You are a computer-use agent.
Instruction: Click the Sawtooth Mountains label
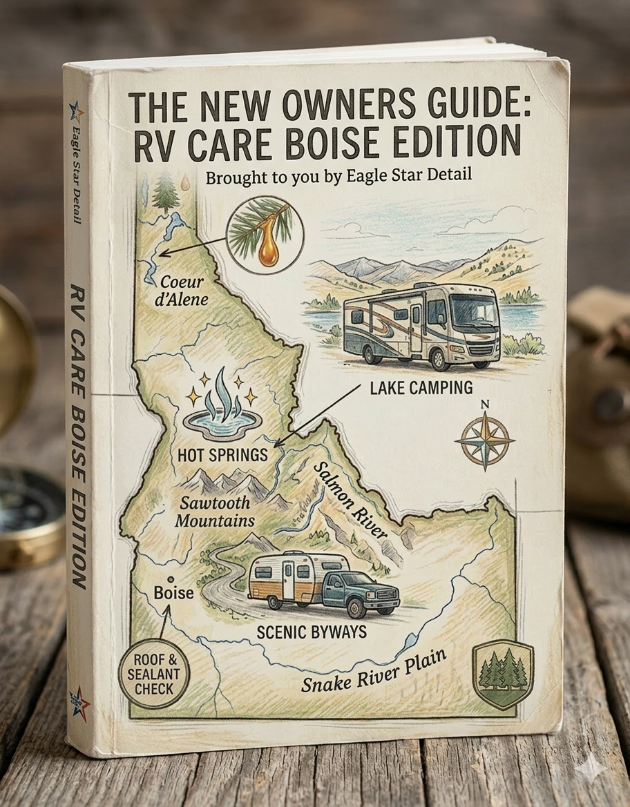pos(214,512)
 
